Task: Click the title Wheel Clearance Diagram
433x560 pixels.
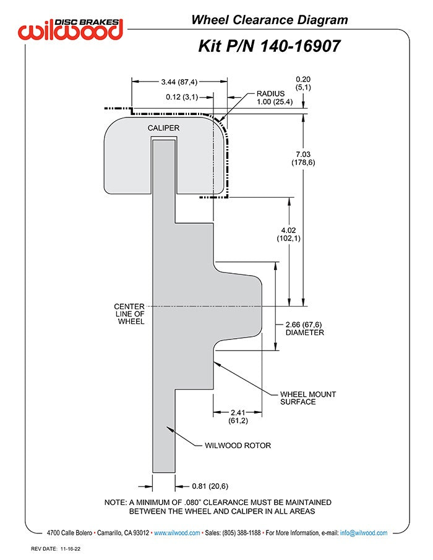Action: click(269, 20)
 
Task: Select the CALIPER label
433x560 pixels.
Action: click(163, 128)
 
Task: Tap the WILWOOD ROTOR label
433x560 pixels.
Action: click(238, 445)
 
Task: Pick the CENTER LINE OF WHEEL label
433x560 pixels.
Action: click(130, 313)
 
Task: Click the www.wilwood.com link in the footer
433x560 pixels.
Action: click(176, 533)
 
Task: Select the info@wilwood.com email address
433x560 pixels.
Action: click(364, 533)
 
